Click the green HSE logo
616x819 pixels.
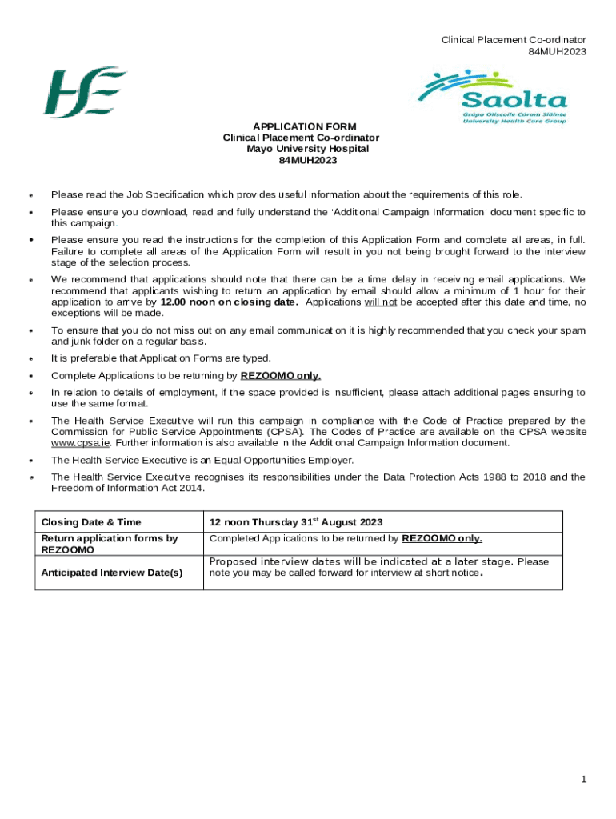[x=84, y=93]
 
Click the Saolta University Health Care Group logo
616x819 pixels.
[x=491, y=96]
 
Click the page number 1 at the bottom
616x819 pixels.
[x=585, y=780]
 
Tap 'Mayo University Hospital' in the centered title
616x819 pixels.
[x=307, y=149]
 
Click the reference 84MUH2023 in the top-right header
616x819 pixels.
[x=557, y=51]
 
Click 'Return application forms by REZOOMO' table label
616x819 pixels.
[x=109, y=544]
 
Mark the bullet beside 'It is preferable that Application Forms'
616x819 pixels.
[x=30, y=358]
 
